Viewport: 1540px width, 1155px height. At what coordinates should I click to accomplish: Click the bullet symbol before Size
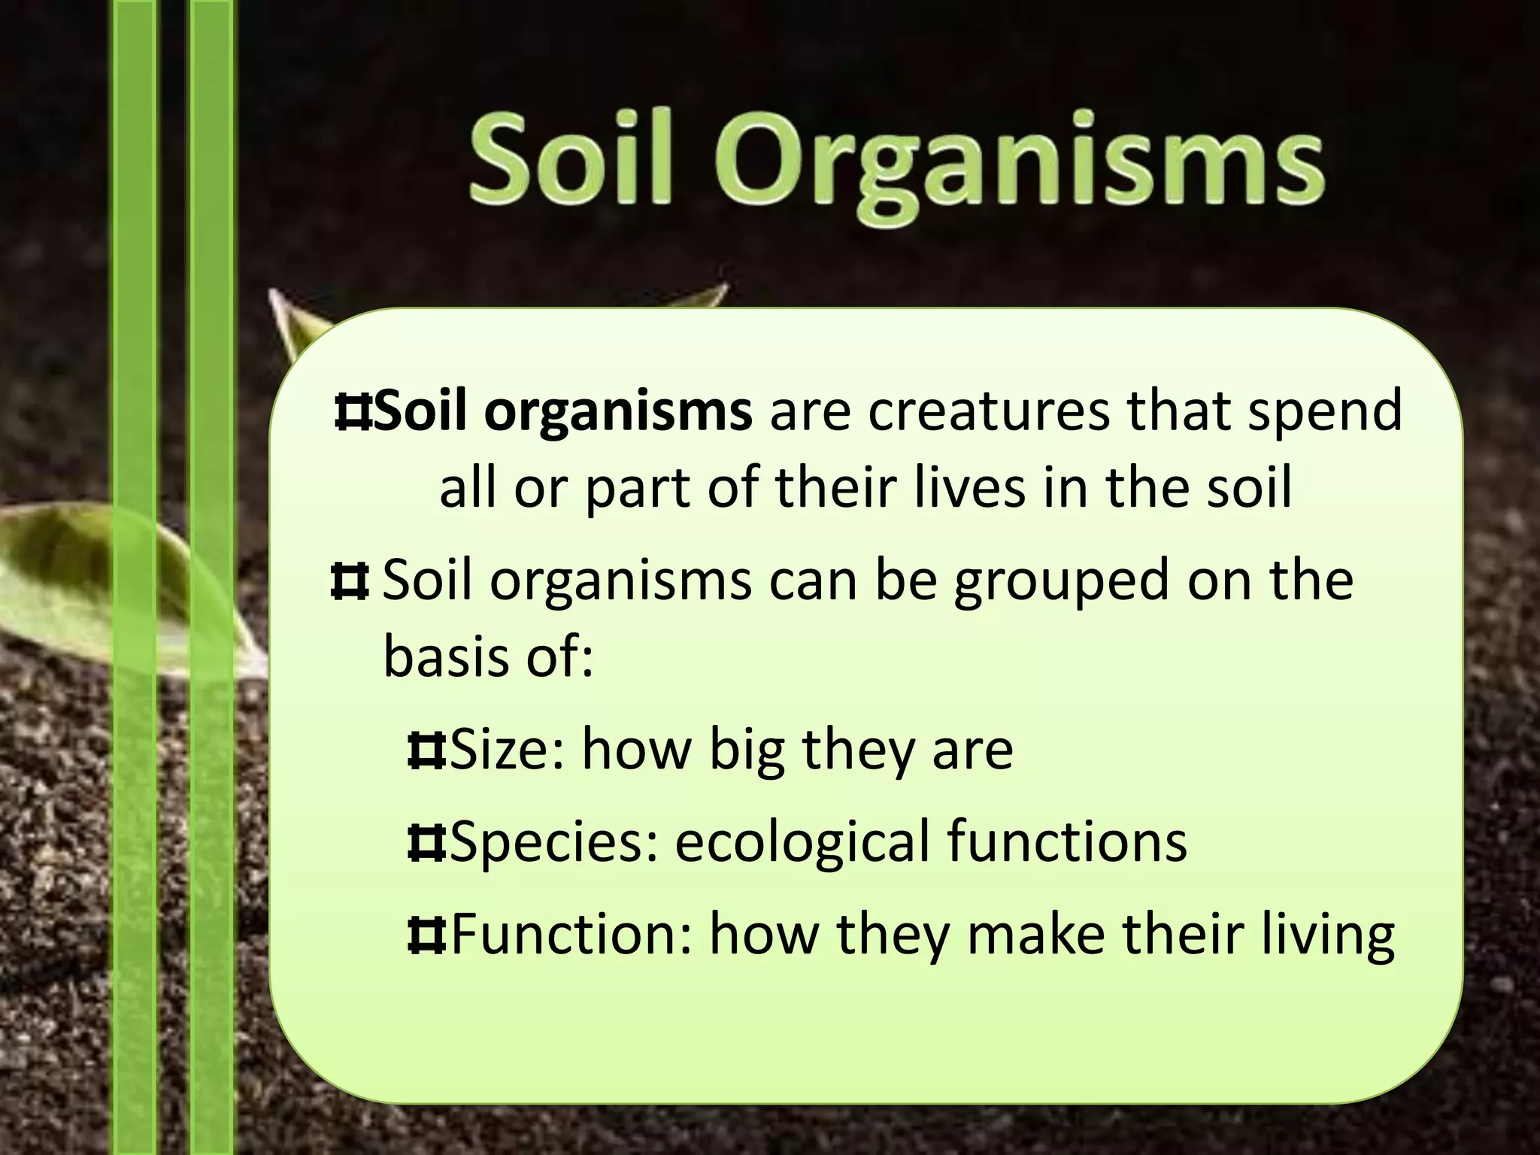426,750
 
